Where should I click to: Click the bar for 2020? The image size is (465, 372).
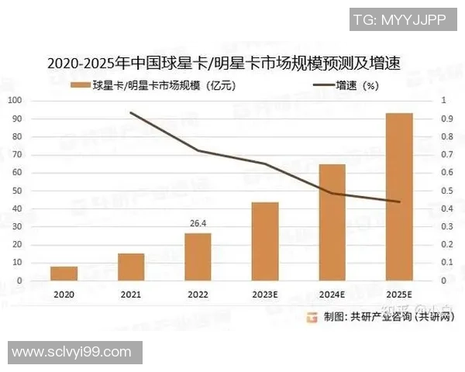pos(64,274)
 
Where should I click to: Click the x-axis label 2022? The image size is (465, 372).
pos(198,295)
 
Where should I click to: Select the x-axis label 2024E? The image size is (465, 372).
pos(332,295)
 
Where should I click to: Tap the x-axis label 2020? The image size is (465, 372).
pos(64,295)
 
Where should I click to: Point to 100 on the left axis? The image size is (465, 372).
pos(15,101)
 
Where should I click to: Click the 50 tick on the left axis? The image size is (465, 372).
pos(18,191)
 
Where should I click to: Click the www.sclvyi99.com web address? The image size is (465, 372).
pos(72,351)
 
